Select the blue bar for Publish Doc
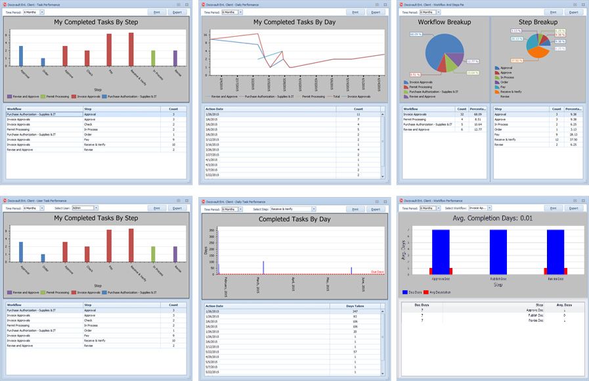point(497,251)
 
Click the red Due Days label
point(377,271)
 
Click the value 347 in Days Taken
point(355,311)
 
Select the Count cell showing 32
point(460,114)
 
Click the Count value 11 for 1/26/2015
point(358,114)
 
